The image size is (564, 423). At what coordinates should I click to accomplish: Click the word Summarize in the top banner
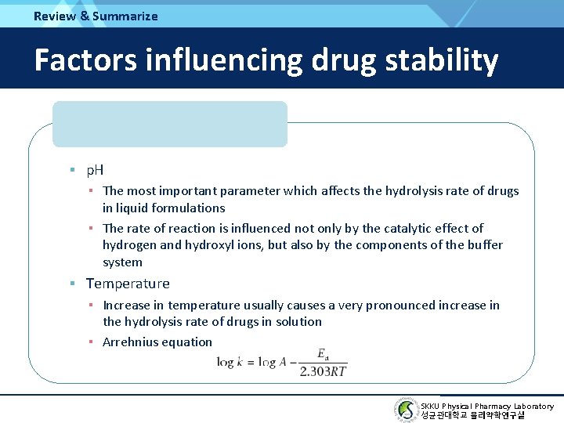pos(125,16)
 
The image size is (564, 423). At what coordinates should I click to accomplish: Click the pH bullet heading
pos(95,169)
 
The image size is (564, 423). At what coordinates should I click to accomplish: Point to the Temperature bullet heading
pos(128,284)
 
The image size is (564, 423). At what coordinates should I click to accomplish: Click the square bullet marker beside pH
pos(71,169)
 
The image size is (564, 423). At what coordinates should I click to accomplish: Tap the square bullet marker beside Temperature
pos(71,284)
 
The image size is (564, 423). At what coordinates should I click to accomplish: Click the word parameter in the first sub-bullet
pos(249,191)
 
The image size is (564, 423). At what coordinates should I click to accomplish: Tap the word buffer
pos(485,245)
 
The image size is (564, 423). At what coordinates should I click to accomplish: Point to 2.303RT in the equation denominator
pos(323,371)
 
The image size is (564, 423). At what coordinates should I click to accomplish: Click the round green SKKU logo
pos(406,410)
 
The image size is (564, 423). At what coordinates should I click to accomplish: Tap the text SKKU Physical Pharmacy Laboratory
pos(486,406)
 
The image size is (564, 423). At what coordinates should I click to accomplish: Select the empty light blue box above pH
pos(170,124)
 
